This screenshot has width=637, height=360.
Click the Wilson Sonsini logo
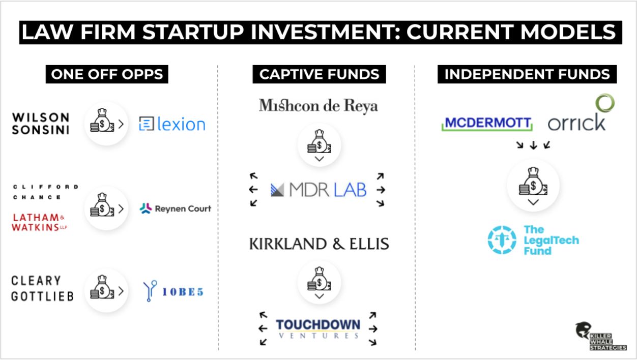click(40, 124)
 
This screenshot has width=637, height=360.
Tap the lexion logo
click(172, 124)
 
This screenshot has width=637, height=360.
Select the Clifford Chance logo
click(45, 192)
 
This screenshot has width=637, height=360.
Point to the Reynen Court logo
click(175, 208)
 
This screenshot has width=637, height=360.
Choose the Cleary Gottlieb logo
click(42, 288)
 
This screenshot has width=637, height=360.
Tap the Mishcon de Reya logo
click(318, 106)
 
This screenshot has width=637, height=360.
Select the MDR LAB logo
click(318, 190)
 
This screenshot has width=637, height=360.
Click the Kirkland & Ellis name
click(318, 244)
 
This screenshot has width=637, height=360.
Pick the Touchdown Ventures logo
click(318, 328)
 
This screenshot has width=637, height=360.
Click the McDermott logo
click(487, 124)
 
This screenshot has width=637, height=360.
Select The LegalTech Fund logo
click(533, 239)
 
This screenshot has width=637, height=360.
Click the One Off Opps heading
click(107, 74)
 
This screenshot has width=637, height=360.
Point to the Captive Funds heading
click(319, 74)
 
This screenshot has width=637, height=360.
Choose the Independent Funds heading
click(527, 74)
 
